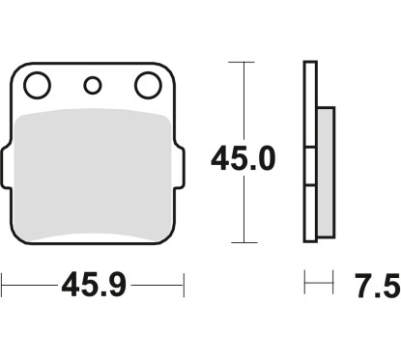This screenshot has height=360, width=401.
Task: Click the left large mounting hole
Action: point(37,87)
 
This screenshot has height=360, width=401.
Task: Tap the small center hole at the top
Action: point(92,87)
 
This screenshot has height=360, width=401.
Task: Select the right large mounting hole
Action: point(147,87)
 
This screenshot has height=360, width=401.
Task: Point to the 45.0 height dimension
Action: point(245,156)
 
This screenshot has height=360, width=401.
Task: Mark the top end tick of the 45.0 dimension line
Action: point(242,62)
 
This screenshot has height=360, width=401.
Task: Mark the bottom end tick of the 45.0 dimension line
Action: point(242,241)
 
